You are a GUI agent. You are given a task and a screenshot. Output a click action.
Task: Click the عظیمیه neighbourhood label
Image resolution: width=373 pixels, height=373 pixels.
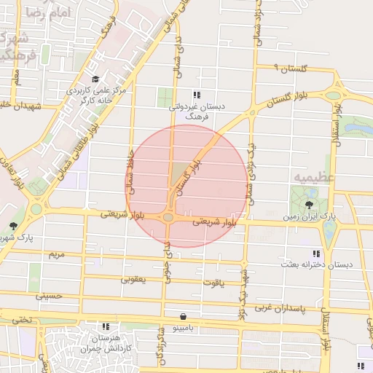click(313, 177)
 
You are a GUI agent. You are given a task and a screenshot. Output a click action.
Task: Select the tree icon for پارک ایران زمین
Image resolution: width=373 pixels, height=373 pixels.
click(310, 205)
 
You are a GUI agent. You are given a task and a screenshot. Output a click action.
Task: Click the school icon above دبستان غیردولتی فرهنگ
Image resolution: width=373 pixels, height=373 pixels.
click(196, 95)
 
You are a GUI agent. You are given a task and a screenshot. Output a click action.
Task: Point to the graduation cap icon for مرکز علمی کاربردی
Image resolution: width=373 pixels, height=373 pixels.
click(96, 79)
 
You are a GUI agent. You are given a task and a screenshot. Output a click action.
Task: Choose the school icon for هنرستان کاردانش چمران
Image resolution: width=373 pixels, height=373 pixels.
click(106, 327)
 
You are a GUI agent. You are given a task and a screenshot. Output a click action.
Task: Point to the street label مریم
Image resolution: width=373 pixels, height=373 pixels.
click(57, 255)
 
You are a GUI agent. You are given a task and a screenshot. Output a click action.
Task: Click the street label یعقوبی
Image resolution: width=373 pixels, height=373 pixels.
click(133, 278)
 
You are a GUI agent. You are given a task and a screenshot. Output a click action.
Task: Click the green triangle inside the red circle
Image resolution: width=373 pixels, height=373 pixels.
click(178, 175)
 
